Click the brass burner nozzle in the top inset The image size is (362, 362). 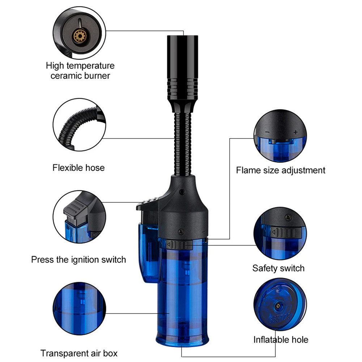[x=80, y=36]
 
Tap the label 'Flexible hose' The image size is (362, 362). [x=78, y=167]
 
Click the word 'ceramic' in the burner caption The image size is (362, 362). [x=66, y=76]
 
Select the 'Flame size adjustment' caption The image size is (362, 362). [x=281, y=170]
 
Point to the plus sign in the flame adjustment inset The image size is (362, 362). [x=295, y=132]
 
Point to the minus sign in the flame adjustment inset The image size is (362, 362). [x=267, y=132]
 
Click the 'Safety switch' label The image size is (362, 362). [x=278, y=268]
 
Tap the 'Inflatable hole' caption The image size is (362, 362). [x=281, y=340]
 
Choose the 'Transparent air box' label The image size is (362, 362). [x=79, y=353]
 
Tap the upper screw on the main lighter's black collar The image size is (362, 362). [x=182, y=191]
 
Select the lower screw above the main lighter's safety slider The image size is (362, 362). [x=182, y=231]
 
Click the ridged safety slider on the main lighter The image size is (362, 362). [x=179, y=245]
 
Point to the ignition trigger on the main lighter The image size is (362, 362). [x=148, y=204]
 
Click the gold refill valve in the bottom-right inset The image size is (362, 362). [x=278, y=306]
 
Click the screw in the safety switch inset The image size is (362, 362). [x=288, y=217]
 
